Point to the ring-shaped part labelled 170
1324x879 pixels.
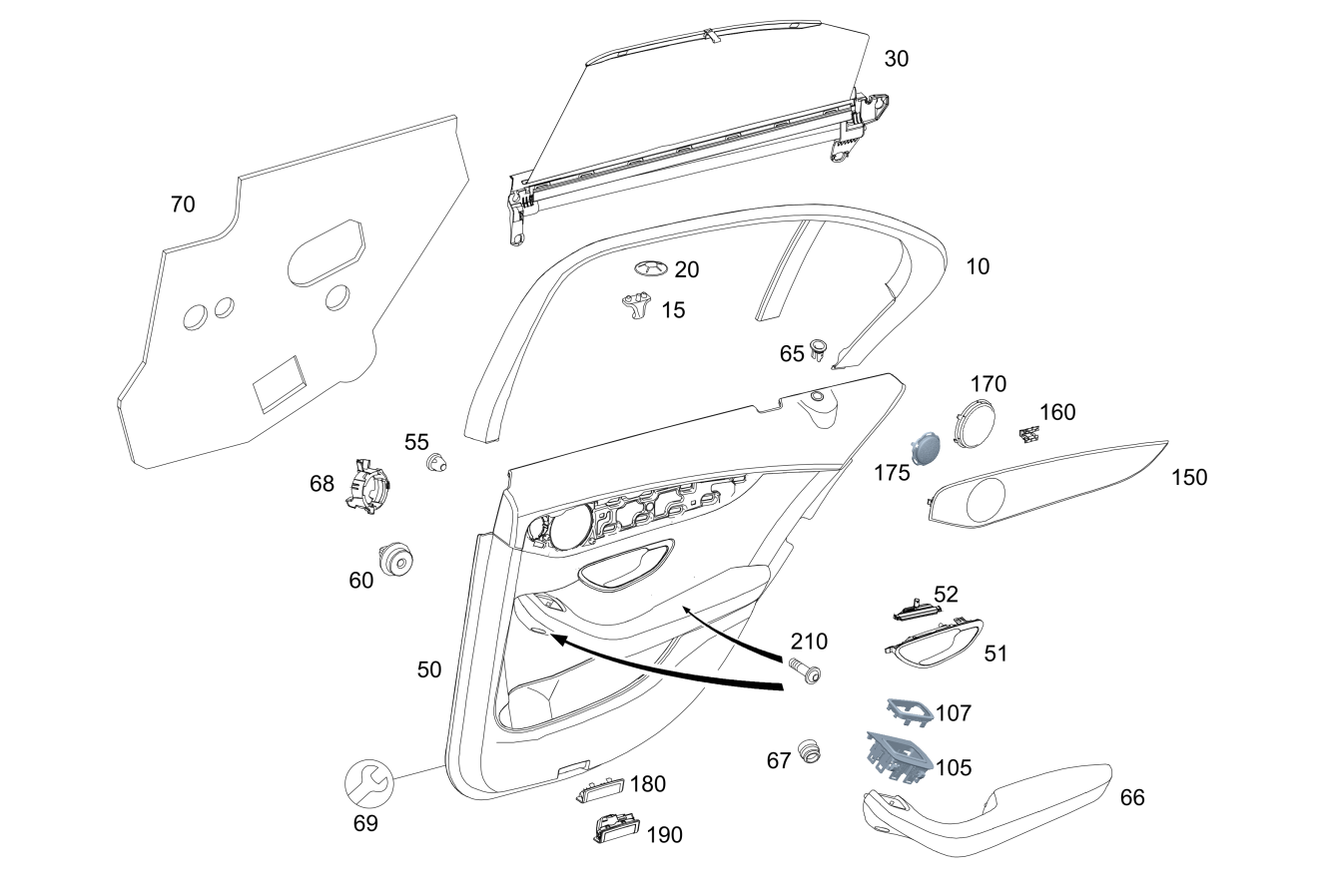pyautogui.click(x=975, y=419)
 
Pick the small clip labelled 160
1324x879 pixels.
pyautogui.click(x=1027, y=433)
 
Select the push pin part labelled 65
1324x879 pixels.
pyautogui.click(x=819, y=349)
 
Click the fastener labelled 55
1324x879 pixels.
pyautogui.click(x=435, y=463)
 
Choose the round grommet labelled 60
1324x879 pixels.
pyautogui.click(x=396, y=560)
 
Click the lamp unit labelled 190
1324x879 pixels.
pyautogui.click(x=613, y=827)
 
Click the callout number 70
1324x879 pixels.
pyautogui.click(x=183, y=205)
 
